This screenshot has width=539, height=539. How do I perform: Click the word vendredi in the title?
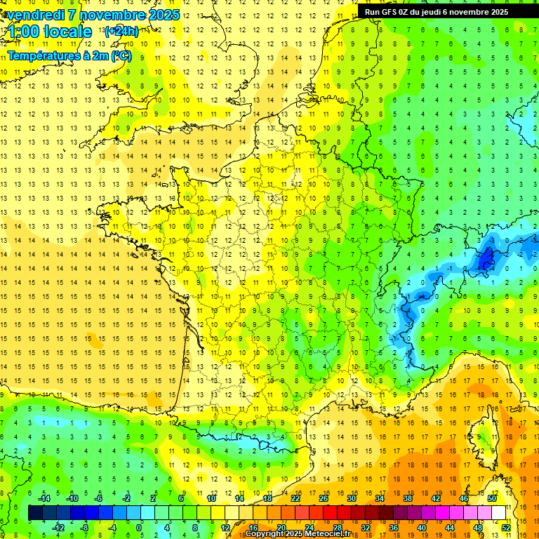pos(35,15)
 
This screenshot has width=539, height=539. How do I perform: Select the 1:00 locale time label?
pos(49,32)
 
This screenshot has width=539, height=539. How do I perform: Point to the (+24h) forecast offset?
pos(121,32)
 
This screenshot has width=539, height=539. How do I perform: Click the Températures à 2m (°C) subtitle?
pos(69,55)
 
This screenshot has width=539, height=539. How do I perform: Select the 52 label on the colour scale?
pos(505,527)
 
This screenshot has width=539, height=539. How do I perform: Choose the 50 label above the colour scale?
pos(491,498)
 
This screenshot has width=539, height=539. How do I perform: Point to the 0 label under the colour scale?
pos(139,527)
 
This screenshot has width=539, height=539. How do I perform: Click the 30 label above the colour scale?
pos(351,498)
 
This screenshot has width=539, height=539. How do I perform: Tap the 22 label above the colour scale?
pos(295,498)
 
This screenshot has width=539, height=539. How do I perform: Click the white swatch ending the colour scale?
pos(498,513)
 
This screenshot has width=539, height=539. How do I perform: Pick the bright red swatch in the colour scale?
pos(330,513)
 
